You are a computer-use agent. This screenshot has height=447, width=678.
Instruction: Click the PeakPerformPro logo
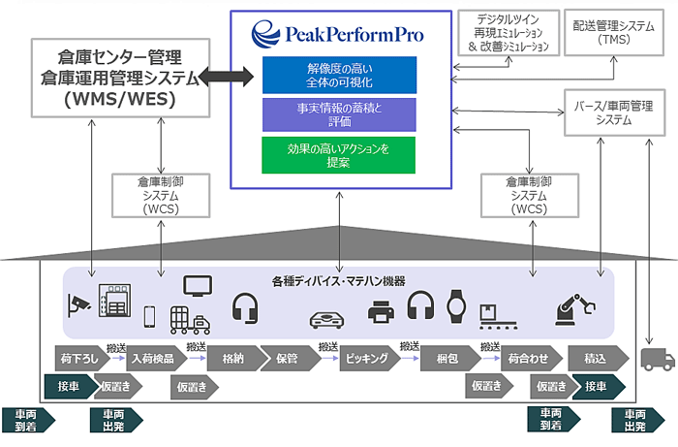coord(337,34)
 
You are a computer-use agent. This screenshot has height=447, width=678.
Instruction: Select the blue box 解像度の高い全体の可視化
coord(339,75)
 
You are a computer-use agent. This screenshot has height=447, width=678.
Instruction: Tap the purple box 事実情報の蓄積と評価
coord(339,114)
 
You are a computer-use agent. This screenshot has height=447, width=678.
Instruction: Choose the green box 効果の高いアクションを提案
coord(339,155)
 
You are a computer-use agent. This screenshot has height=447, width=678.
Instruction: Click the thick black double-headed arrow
coord(226,77)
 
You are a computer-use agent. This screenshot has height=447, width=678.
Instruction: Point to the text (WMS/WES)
coord(120,99)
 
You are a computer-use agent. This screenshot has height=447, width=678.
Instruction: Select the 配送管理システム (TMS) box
coord(614,33)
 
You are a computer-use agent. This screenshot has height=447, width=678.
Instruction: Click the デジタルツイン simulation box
coord(508,33)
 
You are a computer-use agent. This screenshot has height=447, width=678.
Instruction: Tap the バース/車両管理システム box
coord(614,112)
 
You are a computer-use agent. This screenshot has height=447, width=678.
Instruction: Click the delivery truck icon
coord(658,359)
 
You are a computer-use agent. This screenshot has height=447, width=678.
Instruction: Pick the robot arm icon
coord(575,309)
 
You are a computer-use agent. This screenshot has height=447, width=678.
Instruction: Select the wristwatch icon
coord(456,306)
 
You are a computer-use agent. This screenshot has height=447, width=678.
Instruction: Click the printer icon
coord(381,311)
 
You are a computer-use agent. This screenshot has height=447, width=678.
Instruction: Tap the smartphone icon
coord(149,317)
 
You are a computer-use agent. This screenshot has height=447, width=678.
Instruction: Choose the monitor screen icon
coord(198,286)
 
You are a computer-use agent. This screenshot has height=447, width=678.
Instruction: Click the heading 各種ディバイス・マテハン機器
coord(339,282)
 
